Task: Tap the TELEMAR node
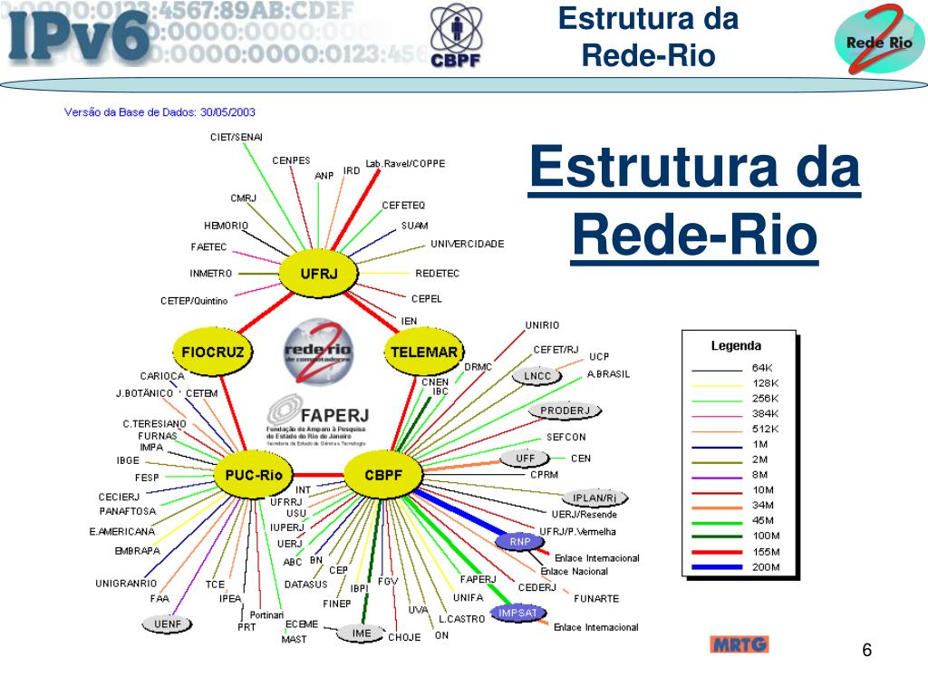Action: [x=423, y=352]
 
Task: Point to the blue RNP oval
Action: [x=519, y=541]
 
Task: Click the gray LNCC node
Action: [x=537, y=376]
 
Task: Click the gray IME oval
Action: [x=362, y=633]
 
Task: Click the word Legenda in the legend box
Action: [x=736, y=345]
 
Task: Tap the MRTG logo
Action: [x=739, y=645]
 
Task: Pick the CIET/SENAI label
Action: [x=236, y=137]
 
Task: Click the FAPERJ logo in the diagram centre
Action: [x=314, y=420]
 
